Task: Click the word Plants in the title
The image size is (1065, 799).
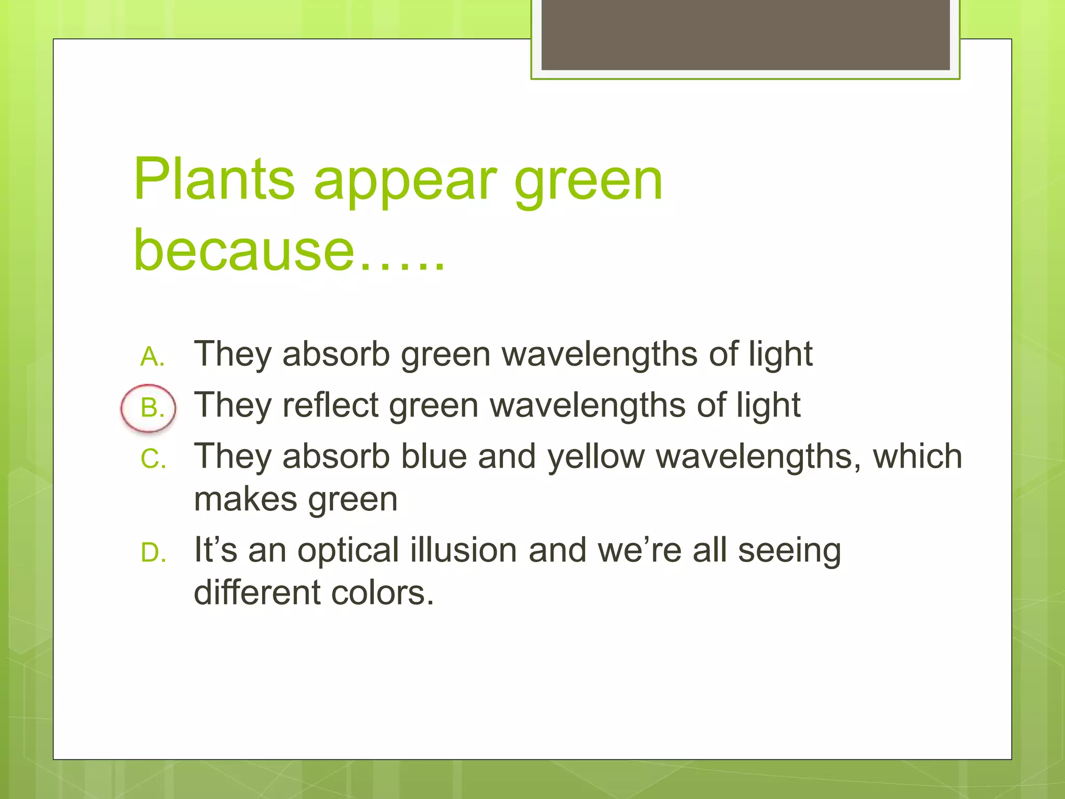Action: point(214,179)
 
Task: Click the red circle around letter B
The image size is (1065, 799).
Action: point(148,408)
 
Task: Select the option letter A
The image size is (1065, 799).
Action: point(152,357)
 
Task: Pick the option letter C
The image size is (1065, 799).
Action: point(153,459)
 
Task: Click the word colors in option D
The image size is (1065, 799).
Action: point(382,593)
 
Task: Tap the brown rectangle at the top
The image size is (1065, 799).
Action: point(745,34)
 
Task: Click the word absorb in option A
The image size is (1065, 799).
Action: point(336,354)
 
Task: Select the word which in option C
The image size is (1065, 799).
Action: point(917,457)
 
